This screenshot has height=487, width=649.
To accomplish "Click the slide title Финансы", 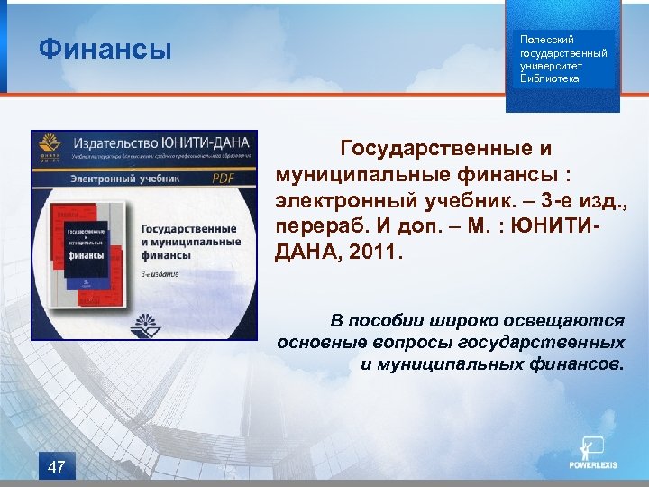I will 105,49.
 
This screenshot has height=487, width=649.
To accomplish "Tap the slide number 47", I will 56,466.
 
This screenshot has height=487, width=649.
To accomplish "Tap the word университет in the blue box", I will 551,66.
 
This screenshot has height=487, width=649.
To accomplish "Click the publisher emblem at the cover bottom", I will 145,322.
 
